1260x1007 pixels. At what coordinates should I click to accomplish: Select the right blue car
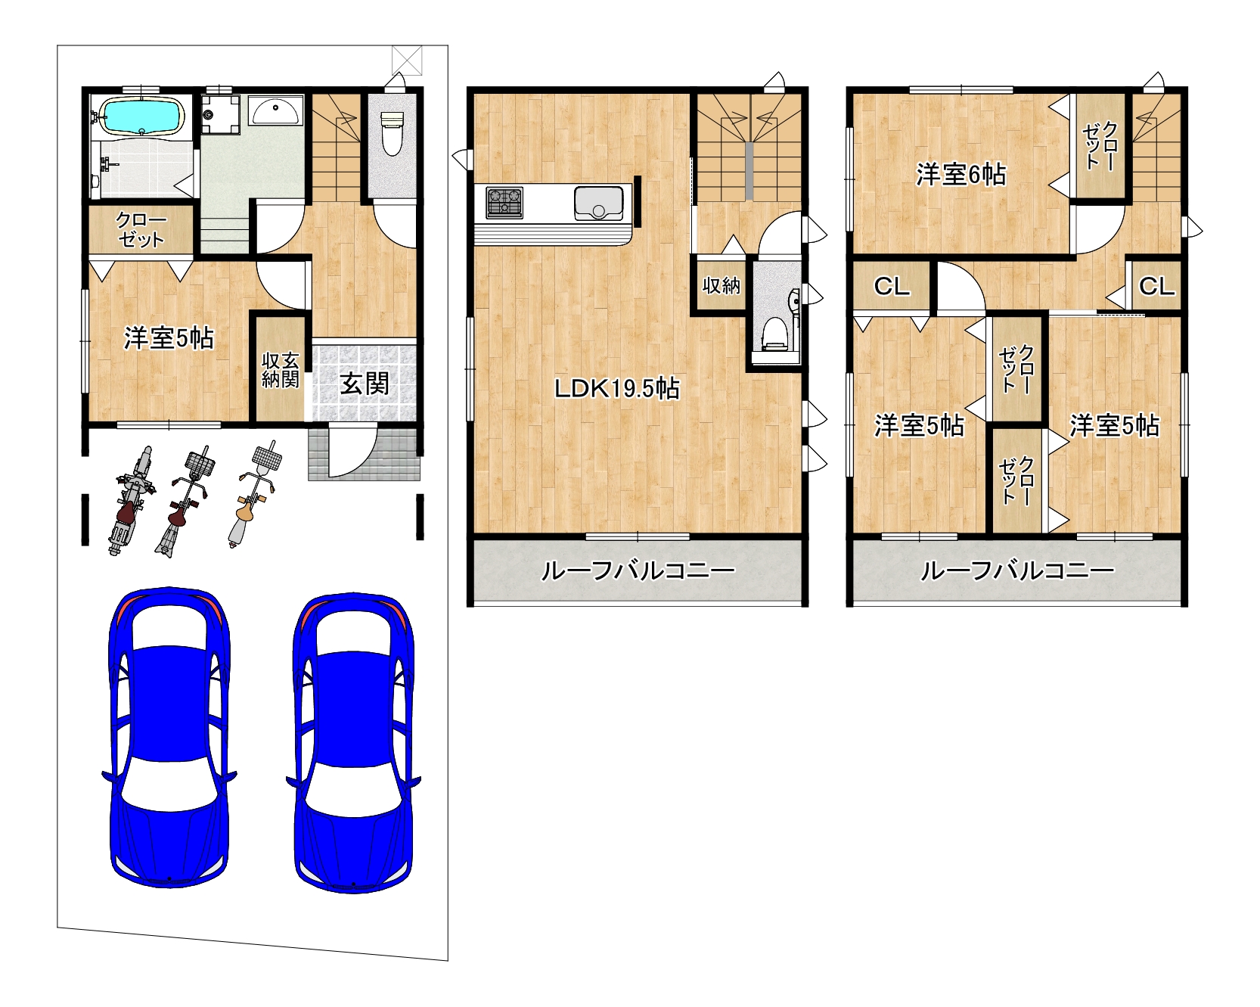(x=353, y=742)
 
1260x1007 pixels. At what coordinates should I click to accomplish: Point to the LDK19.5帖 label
(x=617, y=389)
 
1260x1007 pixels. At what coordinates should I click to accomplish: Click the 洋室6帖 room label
(x=961, y=175)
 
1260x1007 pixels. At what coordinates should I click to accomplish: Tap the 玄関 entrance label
(x=365, y=384)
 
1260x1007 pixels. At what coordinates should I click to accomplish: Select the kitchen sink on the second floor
(x=598, y=203)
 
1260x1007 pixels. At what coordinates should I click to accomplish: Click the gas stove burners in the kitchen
(x=504, y=202)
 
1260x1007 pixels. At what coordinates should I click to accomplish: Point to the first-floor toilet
(x=391, y=132)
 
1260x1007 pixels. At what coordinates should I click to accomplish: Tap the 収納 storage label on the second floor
(x=722, y=285)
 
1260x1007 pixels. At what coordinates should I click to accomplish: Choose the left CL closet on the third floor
(x=892, y=286)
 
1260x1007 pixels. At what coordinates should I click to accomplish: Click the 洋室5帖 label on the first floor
(x=169, y=338)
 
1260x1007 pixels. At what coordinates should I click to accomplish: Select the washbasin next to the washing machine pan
(x=275, y=111)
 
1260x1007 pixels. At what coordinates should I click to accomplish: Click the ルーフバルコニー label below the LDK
(x=638, y=571)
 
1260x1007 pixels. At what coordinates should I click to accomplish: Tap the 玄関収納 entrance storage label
(x=281, y=369)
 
